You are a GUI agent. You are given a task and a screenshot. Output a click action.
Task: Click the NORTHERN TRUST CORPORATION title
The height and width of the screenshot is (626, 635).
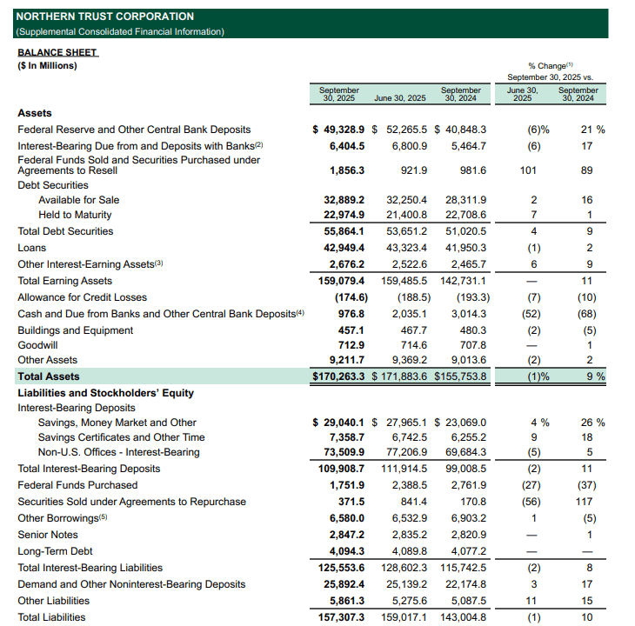104,17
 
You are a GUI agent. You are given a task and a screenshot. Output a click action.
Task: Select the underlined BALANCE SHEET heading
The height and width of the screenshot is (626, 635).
57,52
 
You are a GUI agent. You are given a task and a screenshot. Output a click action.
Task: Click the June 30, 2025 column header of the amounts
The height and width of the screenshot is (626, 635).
399,98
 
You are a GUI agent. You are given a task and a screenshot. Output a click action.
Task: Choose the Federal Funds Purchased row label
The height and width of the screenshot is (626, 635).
77,485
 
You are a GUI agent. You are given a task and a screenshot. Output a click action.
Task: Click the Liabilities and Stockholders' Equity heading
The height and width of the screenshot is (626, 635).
105,393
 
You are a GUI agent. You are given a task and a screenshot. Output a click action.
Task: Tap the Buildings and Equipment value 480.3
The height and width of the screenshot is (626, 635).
471,330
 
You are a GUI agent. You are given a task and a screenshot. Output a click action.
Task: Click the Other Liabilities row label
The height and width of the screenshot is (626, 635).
54,601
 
